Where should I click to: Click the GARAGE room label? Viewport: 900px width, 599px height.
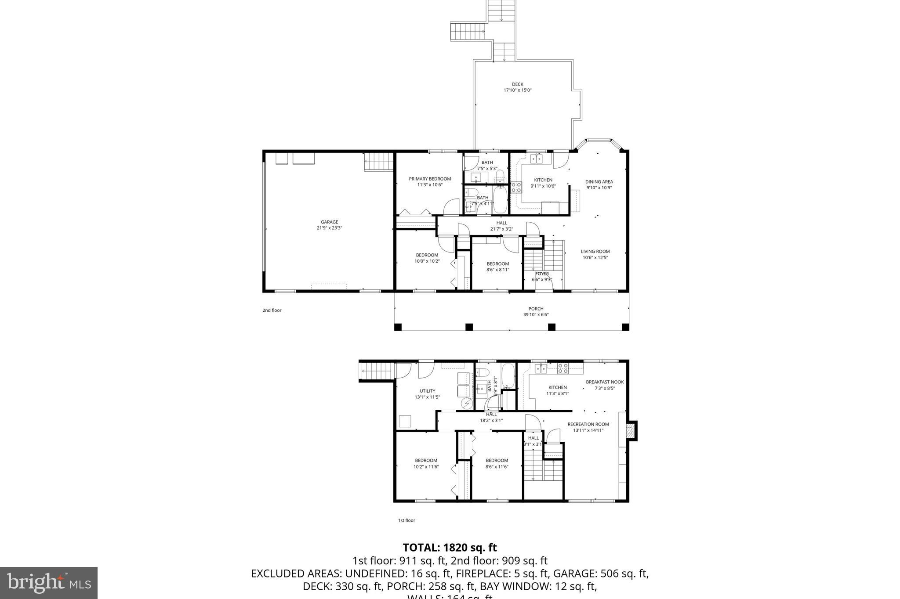[329, 222]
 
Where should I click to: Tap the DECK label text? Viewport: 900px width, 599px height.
[517, 84]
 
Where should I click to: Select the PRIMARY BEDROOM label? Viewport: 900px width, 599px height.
[430, 179]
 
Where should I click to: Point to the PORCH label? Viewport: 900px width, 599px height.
[536, 309]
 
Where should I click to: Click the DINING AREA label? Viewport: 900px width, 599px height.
[599, 182]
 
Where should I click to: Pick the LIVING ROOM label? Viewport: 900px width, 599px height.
[595, 252]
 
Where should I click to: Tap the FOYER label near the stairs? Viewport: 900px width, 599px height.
[541, 274]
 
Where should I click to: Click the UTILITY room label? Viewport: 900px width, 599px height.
[427, 391]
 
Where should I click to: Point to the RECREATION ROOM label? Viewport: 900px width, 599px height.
[588, 424]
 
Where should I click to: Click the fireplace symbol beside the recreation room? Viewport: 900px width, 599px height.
[631, 431]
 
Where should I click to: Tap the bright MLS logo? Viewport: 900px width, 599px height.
[48, 583]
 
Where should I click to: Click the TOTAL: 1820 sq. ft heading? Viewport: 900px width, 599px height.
[450, 548]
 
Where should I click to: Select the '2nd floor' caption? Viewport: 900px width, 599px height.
[272, 310]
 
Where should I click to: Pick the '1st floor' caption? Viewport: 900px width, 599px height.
[406, 520]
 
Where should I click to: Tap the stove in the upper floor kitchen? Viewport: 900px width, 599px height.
[516, 188]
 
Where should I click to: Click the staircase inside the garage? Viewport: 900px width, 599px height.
[378, 161]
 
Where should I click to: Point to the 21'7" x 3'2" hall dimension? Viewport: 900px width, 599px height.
[501, 229]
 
